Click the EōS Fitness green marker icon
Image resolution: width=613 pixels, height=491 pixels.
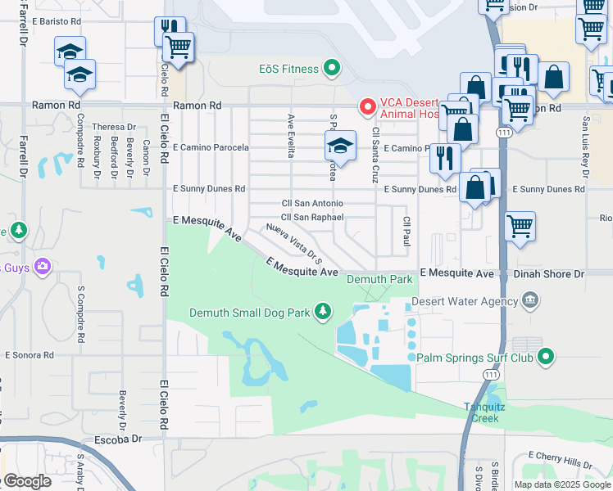332,68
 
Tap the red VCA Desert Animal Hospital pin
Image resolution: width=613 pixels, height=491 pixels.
368,106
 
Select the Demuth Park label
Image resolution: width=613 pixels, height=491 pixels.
379,280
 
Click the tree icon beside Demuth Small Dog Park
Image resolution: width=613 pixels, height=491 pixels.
324,311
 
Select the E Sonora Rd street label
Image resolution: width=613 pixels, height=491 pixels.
29,355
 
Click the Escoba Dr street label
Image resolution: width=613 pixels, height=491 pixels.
119,439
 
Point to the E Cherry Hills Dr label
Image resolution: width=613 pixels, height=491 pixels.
566,455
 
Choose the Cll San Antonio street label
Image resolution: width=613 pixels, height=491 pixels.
312,203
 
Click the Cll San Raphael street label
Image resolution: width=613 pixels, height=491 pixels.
312,217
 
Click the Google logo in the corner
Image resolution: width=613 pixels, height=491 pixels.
28,481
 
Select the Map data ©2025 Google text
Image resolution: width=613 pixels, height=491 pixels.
562,484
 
